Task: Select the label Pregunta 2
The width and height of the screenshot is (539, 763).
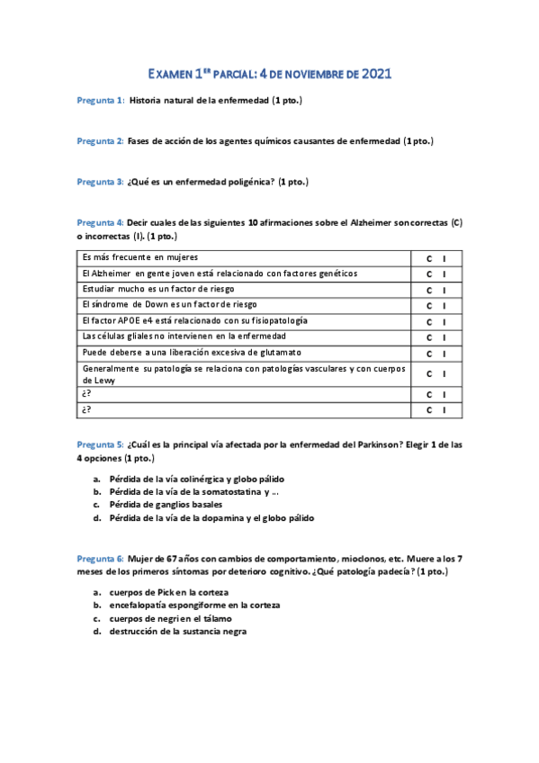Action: pos(100,141)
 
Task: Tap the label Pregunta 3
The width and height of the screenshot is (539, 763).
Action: pos(100,182)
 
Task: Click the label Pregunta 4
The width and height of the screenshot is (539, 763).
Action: pos(100,222)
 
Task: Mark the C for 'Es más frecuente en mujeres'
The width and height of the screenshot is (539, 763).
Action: pos(429,258)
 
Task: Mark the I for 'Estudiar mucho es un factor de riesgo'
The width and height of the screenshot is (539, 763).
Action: pos(445,290)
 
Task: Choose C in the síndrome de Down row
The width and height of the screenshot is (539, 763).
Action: pos(429,306)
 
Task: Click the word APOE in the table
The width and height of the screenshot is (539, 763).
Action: pos(127,320)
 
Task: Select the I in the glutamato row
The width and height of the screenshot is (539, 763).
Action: pos(445,353)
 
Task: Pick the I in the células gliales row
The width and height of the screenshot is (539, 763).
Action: pos(445,337)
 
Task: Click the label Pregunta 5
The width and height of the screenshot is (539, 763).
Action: pos(100,444)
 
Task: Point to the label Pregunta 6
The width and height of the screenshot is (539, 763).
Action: pos(100,559)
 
